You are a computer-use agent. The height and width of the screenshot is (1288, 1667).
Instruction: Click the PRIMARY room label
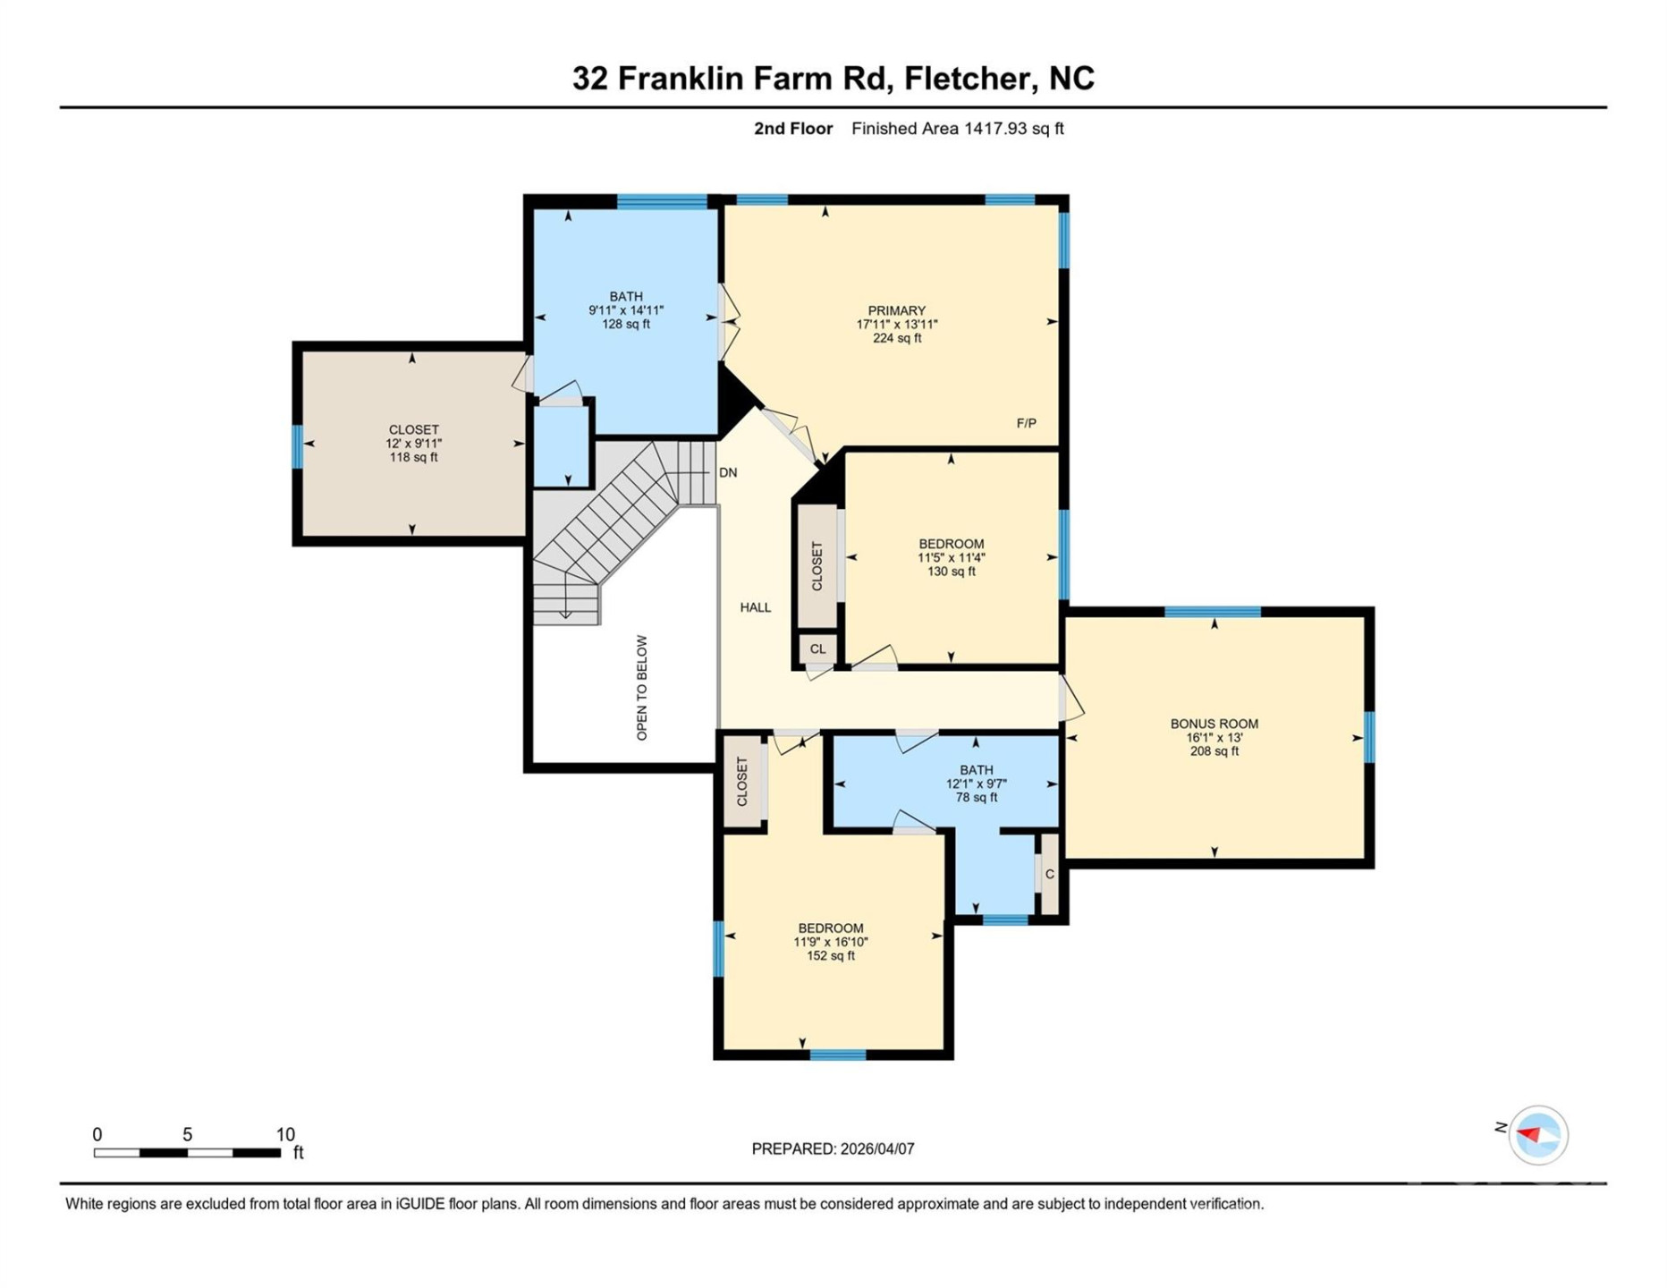[896, 310]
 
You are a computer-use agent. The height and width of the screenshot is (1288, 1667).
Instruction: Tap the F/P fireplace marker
[1026, 423]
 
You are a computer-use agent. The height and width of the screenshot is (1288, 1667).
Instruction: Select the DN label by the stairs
[728, 472]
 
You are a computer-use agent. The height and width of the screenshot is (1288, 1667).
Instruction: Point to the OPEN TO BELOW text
[642, 688]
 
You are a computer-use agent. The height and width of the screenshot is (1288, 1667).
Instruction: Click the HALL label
[755, 607]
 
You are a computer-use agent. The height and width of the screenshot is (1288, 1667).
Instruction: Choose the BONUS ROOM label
[1214, 724]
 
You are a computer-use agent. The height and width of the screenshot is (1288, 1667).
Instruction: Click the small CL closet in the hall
[817, 649]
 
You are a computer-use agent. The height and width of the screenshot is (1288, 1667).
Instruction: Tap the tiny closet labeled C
[1049, 874]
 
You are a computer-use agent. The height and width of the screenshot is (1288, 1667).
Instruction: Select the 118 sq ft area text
[413, 457]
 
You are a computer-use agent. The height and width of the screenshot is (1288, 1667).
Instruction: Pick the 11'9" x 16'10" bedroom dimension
[830, 942]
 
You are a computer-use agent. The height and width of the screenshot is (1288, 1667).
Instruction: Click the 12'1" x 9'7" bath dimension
[976, 784]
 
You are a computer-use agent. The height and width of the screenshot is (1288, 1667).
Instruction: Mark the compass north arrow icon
[1538, 1135]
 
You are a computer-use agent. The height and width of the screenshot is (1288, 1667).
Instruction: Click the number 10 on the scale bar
[284, 1134]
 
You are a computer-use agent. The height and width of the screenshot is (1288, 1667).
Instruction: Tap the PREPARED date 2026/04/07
[876, 1148]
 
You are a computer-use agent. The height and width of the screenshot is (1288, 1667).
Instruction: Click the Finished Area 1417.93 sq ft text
[957, 129]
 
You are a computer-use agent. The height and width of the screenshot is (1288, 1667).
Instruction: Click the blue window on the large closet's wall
[298, 446]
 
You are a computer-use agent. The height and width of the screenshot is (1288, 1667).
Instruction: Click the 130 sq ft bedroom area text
[951, 572]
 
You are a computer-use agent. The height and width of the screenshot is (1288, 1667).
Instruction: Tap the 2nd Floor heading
[792, 129]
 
